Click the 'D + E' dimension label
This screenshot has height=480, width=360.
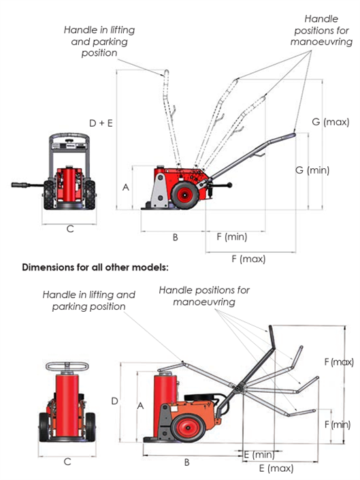pyautogui.click(x=101, y=123)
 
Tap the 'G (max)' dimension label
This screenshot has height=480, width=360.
pyautogui.click(x=330, y=122)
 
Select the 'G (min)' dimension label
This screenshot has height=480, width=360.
pyautogui.click(x=312, y=170)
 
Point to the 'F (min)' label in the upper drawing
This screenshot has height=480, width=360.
pyautogui.click(x=232, y=237)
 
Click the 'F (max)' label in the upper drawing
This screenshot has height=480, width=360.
pyautogui.click(x=248, y=259)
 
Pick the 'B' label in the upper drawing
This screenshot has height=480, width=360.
pyautogui.click(x=176, y=237)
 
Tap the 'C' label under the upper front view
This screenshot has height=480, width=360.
pyautogui.click(x=70, y=229)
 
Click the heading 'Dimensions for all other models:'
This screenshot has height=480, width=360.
pyautogui.click(x=95, y=268)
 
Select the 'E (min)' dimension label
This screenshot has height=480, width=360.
pyautogui.click(x=259, y=455)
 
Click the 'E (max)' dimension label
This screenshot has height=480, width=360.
pyautogui.click(x=276, y=468)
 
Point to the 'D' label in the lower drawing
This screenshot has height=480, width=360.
pyautogui.click(x=114, y=401)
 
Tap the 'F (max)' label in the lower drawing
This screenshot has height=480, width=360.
pyautogui.click(x=339, y=362)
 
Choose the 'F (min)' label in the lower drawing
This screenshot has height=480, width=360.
pyautogui.click(x=338, y=425)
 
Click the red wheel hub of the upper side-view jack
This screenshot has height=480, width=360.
pyautogui.click(x=184, y=195)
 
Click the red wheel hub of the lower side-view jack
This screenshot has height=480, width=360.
pyautogui.click(x=188, y=428)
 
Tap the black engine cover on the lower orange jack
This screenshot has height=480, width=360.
pyautogui.click(x=203, y=398)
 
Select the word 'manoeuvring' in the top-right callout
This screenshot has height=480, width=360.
pyautogui.click(x=321, y=42)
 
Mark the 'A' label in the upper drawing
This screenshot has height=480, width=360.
pyautogui.click(x=126, y=187)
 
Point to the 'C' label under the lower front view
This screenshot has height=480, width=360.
pyautogui.click(x=67, y=462)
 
